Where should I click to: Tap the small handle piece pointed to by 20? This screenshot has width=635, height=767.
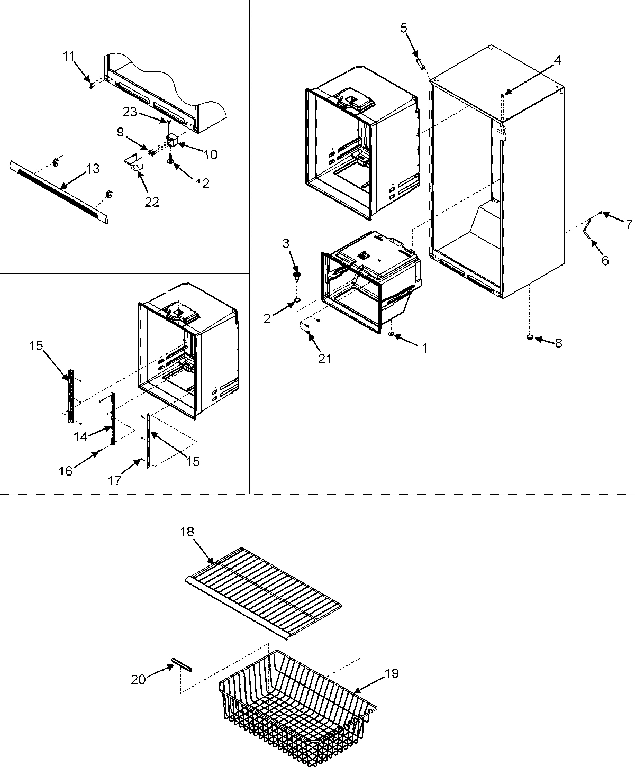pos(182,665)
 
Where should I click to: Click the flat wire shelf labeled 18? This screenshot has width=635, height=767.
pos(265,592)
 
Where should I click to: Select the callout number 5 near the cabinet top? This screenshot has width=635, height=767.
pos(404,28)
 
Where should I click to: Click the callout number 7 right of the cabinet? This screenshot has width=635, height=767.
pos(628,224)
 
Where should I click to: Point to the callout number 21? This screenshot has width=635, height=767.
pos(324,359)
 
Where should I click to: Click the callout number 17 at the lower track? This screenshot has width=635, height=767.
pos(115,479)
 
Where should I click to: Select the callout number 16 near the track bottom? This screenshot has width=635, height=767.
pos(66,470)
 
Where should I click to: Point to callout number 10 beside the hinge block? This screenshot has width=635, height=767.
pos(210,154)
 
